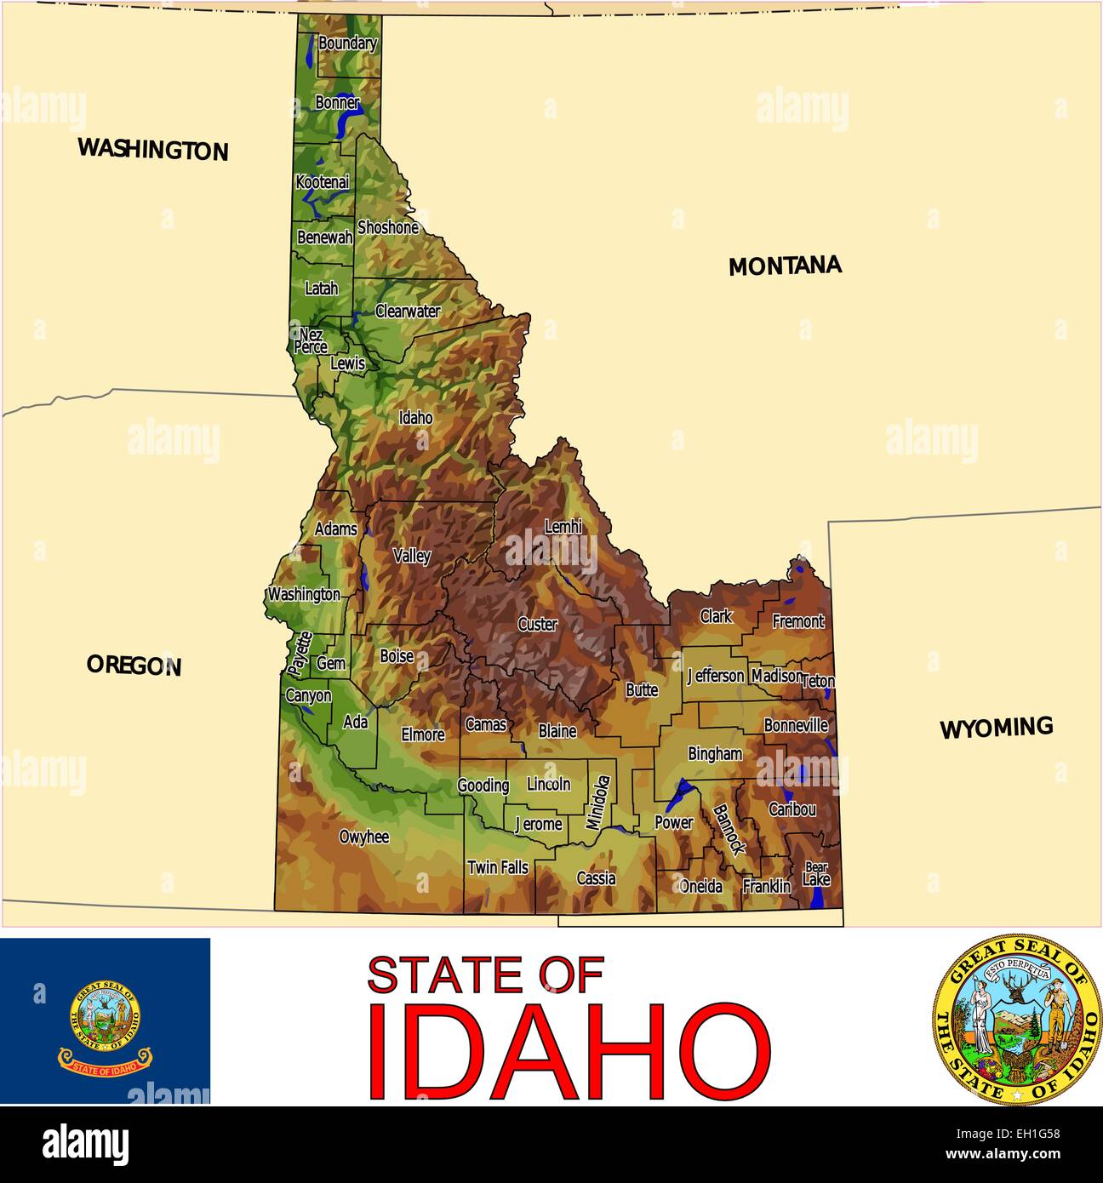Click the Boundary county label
click(x=347, y=43)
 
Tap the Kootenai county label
click(x=323, y=182)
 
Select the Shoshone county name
click(x=388, y=227)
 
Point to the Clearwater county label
click(x=408, y=311)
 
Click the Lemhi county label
click(x=563, y=527)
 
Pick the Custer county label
click(x=538, y=624)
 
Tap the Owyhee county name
click(x=364, y=837)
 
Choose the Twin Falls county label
click(x=498, y=867)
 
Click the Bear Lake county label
click(x=816, y=874)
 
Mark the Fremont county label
click(x=798, y=621)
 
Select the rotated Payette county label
click(x=299, y=654)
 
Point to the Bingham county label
click(x=715, y=753)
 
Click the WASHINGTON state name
click(x=153, y=150)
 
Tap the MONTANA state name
click(x=785, y=266)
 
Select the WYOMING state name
click(x=996, y=729)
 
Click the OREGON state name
click(x=134, y=666)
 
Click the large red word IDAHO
click(x=569, y=1052)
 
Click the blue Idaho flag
click(x=105, y=1020)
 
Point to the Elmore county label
click(x=423, y=734)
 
